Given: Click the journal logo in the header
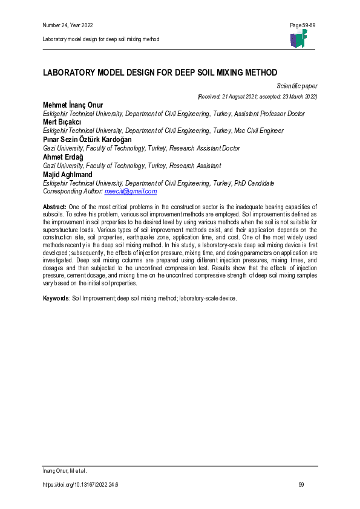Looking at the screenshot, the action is pyautogui.click(x=298, y=38).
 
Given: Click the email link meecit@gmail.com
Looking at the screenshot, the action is pyautogui.click(x=131, y=191).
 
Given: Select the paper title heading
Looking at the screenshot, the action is pyautogui.click(x=159, y=72).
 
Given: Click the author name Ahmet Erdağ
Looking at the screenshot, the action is pyautogui.click(x=63, y=157).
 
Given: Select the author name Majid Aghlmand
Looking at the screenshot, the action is pyautogui.click(x=67, y=174).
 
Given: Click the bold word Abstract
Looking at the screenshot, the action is pyautogui.click(x=54, y=207).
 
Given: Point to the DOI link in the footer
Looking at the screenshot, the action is pyautogui.click(x=80, y=485).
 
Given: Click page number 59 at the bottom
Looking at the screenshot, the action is pyautogui.click(x=302, y=485).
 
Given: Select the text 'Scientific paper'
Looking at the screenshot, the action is pyautogui.click(x=297, y=86).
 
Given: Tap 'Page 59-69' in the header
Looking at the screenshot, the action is pyautogui.click(x=303, y=25).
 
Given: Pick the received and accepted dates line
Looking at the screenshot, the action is pyautogui.click(x=257, y=96).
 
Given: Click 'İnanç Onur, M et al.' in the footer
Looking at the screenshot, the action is pyautogui.click(x=65, y=470).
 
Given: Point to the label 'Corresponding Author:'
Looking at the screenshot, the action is pyautogui.click(x=73, y=191).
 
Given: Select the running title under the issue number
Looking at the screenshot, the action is pyautogui.click(x=101, y=39).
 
